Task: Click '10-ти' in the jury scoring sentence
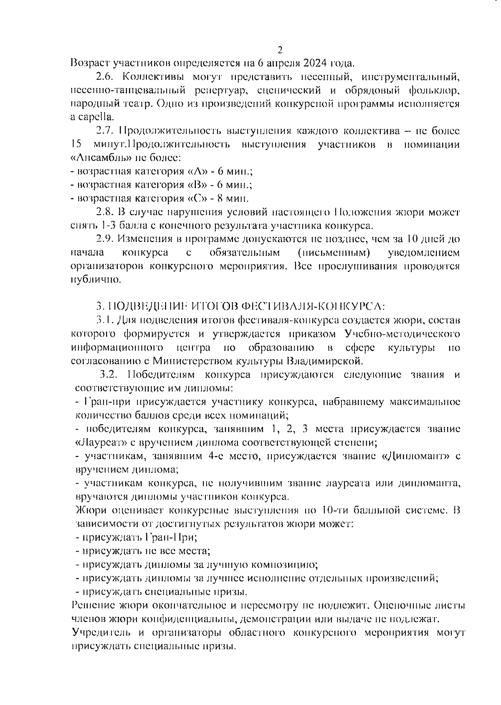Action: pos(336,510)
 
